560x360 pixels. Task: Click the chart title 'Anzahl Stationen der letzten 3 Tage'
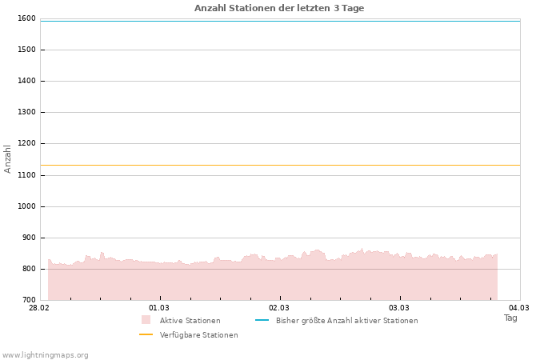279,8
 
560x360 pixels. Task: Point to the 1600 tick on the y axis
26,18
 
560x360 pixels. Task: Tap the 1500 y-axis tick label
26,50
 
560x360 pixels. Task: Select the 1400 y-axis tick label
26,81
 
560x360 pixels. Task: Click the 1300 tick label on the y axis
26,112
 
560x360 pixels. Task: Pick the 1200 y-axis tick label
26,143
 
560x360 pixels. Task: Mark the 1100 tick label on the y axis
26,175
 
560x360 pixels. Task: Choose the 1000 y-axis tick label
26,206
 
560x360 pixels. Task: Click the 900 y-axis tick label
28,238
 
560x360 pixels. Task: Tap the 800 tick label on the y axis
28,269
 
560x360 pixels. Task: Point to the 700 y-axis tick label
28,300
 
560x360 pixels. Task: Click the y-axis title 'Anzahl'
8,158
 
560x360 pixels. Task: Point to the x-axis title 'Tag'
510,318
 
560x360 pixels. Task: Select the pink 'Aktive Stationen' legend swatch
146,320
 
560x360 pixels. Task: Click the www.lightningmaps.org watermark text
46,355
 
